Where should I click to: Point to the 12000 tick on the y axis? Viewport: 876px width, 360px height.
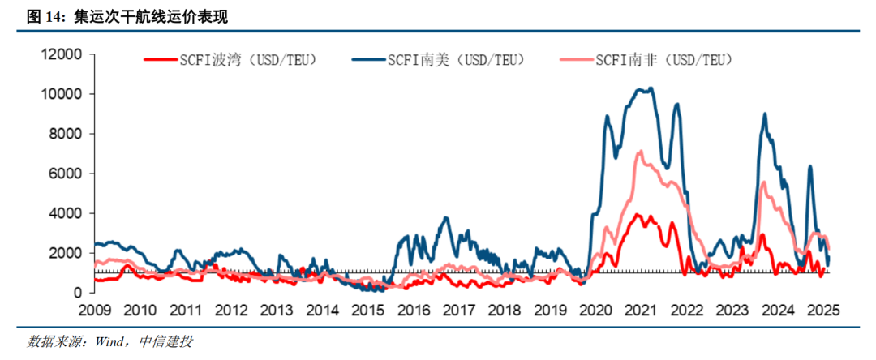(x=62, y=55)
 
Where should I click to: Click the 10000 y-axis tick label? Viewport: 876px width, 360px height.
(x=62, y=94)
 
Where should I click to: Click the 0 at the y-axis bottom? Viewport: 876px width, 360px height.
(x=79, y=292)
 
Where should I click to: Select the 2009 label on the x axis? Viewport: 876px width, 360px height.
(x=95, y=310)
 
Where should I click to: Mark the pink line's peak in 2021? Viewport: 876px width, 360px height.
(x=641, y=151)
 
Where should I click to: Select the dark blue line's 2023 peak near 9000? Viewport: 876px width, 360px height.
(x=764, y=114)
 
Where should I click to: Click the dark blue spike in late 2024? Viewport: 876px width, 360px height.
(x=809, y=167)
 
